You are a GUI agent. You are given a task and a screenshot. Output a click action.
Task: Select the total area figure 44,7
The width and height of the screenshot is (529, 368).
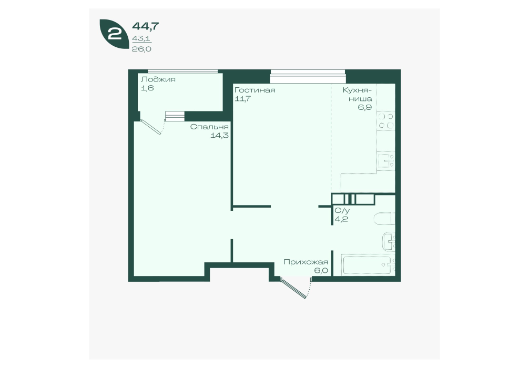pos(146,26)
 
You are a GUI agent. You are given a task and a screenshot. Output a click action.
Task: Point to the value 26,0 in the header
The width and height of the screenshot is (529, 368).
pos(141,49)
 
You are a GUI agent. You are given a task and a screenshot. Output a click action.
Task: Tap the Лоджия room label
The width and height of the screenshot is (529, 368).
pos(158,79)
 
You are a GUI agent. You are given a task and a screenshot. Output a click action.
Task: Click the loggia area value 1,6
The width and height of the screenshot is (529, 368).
pos(147,88)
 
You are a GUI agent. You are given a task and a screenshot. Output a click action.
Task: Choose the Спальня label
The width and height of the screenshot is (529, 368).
pos(209,127)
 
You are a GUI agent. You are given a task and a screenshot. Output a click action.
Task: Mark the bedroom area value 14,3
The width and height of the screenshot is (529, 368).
pos(220,136)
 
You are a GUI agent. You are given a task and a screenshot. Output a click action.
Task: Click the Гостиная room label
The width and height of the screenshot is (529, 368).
pos(255,90)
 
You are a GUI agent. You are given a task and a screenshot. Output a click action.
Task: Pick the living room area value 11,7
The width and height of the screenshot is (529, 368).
pos(242,99)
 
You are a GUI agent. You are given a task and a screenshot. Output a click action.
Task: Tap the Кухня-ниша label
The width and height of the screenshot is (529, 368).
pos(358,95)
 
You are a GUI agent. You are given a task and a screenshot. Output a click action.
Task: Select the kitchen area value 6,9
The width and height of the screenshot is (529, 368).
pos(365,108)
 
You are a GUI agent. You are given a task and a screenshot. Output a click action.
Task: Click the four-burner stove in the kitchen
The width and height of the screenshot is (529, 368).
pos(386,121)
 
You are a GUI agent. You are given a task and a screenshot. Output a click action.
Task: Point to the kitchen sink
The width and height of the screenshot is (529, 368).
pos(386,161)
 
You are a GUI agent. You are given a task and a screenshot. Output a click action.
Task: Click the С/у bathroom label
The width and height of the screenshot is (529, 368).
pos(342,211)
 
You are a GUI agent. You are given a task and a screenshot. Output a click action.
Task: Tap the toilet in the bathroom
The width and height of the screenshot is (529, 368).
pos(384,219)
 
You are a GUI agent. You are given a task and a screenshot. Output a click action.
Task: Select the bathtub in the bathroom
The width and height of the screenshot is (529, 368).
pos(368,265)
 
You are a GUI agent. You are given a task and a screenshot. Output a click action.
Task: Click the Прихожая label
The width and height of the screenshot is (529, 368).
pos(306,262)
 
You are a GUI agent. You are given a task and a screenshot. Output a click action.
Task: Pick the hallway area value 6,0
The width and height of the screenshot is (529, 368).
pos(321,271)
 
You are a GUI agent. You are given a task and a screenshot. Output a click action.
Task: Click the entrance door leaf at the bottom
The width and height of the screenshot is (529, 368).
pos(294,288)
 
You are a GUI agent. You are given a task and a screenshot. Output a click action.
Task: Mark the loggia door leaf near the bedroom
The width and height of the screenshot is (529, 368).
pos(150,127)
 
